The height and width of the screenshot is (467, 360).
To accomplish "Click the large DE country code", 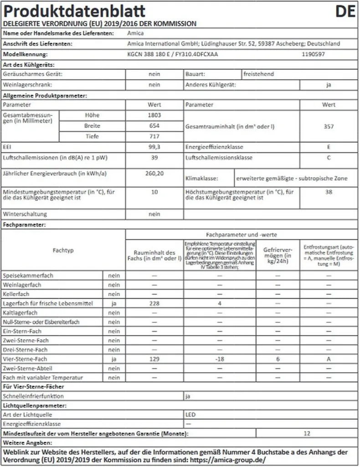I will (345, 11).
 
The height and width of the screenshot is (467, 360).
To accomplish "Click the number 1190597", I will (314, 54).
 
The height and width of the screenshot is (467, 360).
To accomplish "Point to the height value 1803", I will (154, 115).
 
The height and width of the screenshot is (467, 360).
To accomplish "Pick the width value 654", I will (154, 126).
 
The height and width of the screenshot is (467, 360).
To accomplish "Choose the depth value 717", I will (154, 136).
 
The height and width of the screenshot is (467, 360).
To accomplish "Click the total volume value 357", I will (329, 126).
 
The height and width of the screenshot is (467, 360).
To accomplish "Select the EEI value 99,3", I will (154, 147).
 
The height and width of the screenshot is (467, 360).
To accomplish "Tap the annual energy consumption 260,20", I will (154, 173).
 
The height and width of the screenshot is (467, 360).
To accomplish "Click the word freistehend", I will (259, 73).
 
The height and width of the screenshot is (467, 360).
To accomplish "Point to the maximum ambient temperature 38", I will (329, 192).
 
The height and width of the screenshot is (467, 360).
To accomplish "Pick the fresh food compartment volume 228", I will (154, 303).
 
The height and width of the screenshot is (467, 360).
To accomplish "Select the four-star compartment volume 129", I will (154, 359).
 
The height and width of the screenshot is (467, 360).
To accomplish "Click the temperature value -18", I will (220, 359).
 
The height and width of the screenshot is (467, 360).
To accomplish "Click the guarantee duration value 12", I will (307, 433).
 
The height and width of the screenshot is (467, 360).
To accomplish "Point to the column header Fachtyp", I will (63, 250).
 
